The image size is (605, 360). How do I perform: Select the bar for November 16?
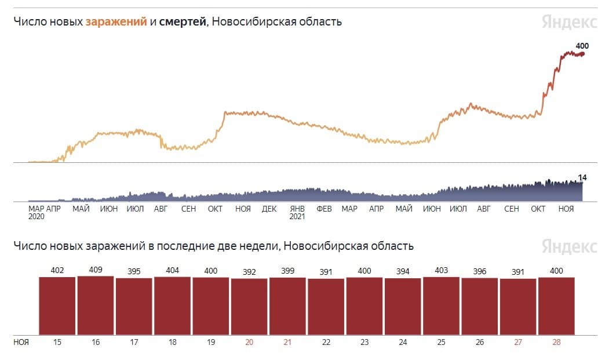tap(96, 305)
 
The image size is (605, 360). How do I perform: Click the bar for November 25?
tap(441, 306)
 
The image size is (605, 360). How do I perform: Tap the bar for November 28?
tap(556, 306)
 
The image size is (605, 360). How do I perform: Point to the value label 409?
tap(96, 270)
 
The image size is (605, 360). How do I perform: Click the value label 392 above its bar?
tap(249, 272)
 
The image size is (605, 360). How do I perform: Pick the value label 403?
tap(441, 270)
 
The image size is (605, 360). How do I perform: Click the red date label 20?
tap(249, 342)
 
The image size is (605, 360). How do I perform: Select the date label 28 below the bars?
tap(556, 342)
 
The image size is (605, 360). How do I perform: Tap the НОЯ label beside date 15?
tap(21, 342)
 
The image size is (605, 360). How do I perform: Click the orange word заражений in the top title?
tap(116, 21)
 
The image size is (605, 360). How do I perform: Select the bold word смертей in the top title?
tap(183, 21)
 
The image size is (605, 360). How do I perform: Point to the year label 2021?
tap(297, 216)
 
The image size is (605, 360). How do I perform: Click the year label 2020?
tap(37, 216)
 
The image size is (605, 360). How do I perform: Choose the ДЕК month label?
tap(269, 209)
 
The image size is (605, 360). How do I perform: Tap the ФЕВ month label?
tap(324, 209)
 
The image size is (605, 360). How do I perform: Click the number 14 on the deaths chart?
tap(582, 177)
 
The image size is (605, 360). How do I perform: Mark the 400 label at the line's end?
tap(582, 46)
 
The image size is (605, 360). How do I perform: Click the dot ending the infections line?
tap(582, 54)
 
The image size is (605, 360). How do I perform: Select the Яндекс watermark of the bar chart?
tap(570, 246)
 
